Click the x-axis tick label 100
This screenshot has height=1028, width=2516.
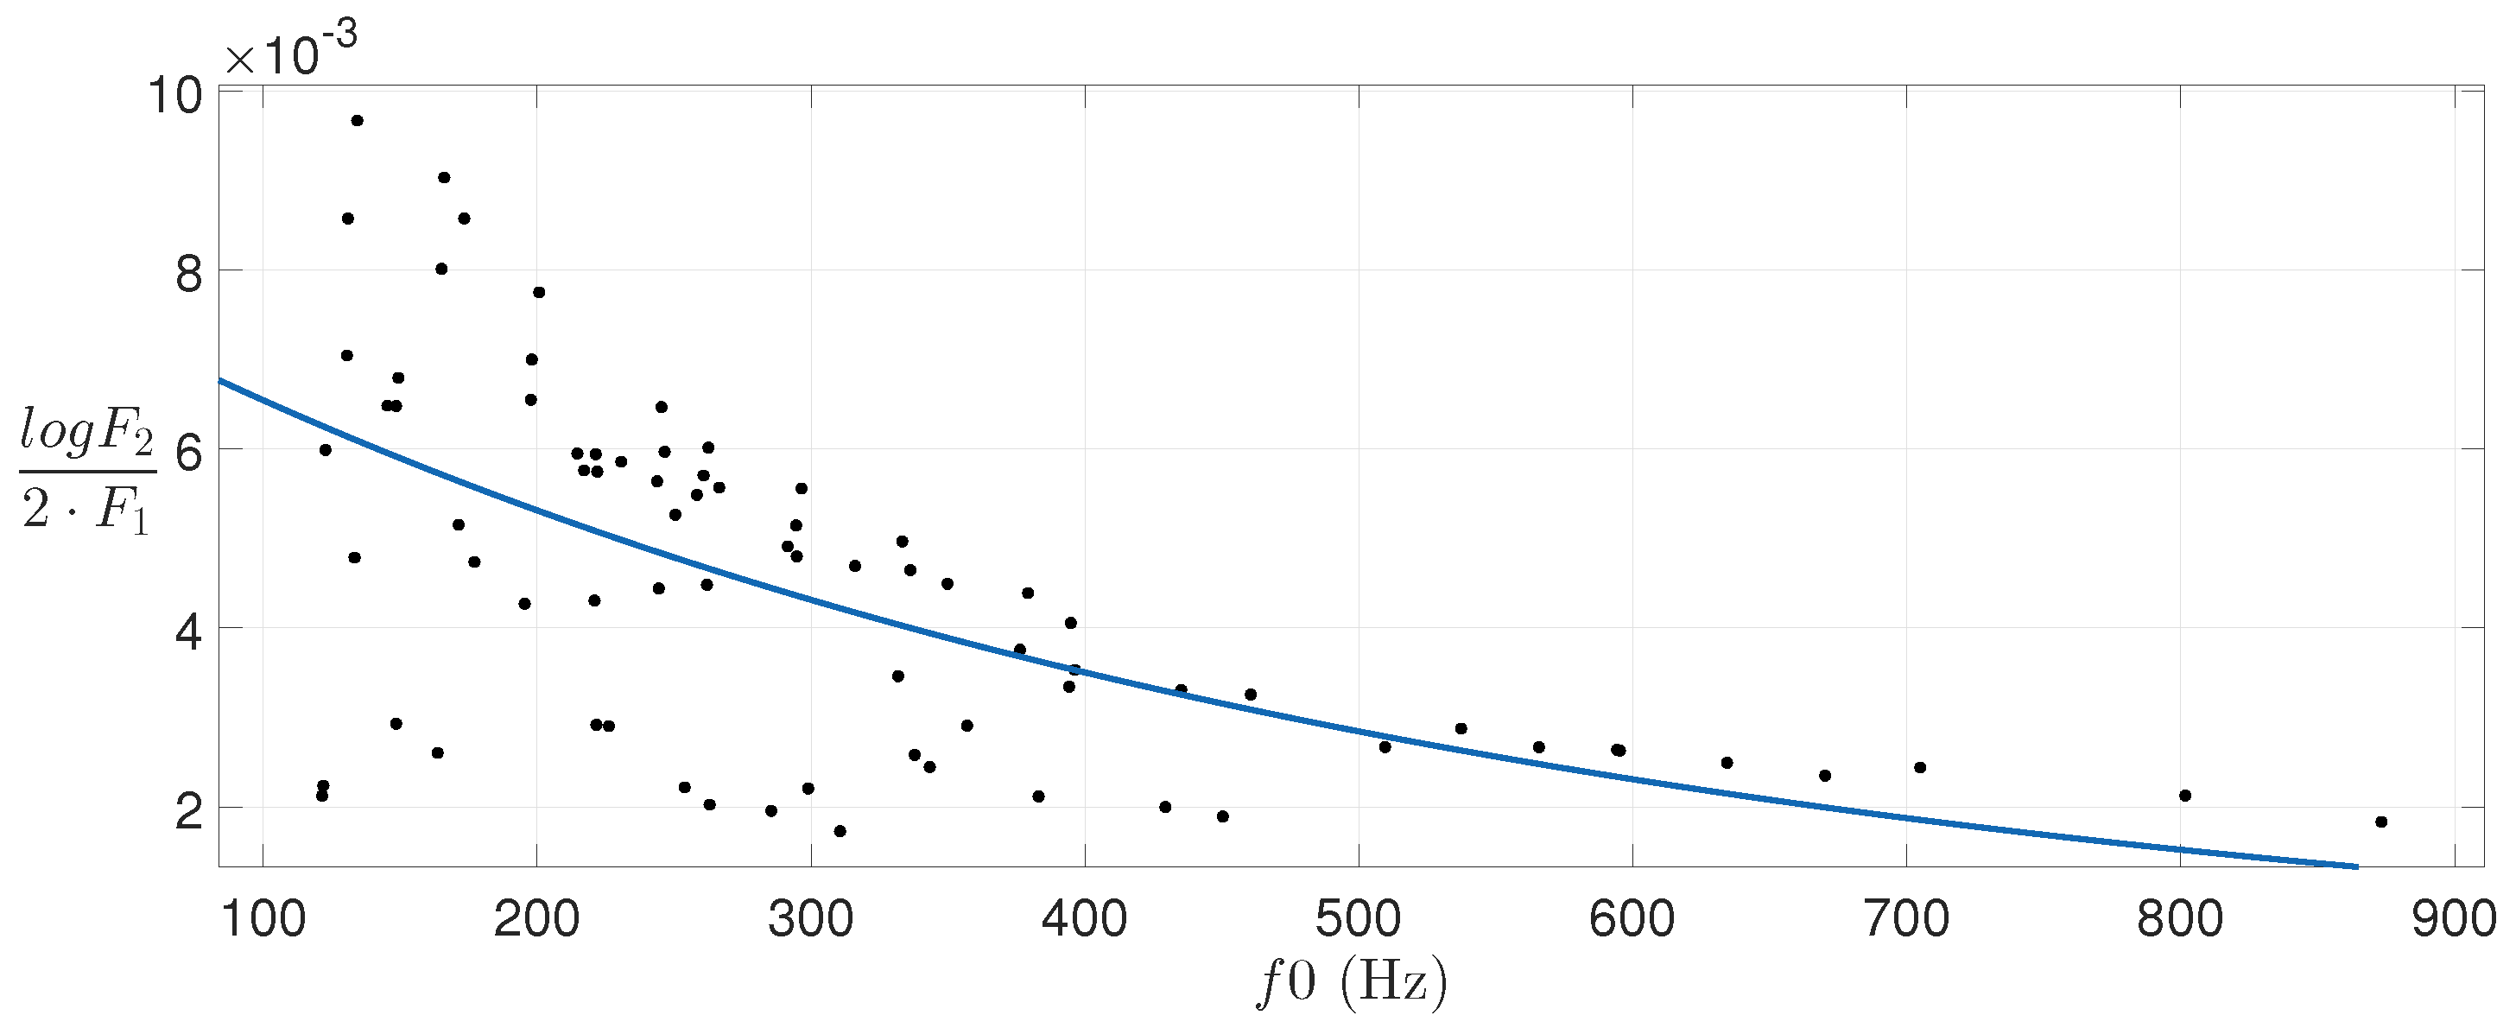pos(263,921)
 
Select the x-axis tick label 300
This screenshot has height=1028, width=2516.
pos(811,921)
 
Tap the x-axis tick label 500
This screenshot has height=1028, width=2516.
pos(1358,921)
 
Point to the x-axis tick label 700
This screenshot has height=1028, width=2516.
pos(1905,921)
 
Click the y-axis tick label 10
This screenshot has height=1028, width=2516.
pos(174,96)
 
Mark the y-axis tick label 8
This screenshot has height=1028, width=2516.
pos(188,275)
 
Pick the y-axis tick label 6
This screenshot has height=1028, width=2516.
pos(188,454)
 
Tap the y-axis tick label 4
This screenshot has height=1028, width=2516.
pos(188,632)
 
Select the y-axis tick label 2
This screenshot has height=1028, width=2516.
pos(188,812)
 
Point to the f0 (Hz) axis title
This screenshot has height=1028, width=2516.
pos(1352,981)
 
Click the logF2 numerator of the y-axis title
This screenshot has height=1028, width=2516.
pos(87,433)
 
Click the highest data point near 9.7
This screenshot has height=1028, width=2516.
pos(358,120)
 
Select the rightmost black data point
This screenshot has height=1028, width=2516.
pos(2381,822)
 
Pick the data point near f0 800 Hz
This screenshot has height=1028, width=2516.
pos(2186,796)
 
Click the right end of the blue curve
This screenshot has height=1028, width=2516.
pos(2356,866)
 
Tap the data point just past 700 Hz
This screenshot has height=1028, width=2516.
pos(1920,767)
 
